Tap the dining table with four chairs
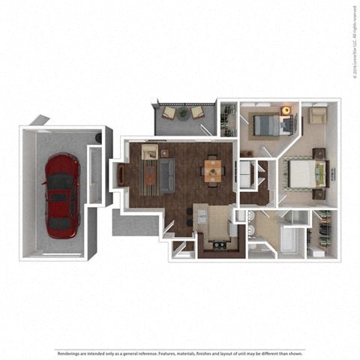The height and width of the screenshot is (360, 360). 214,171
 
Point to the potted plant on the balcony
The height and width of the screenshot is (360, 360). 184,112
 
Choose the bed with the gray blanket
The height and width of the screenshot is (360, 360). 264,123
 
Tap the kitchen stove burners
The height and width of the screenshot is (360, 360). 219,244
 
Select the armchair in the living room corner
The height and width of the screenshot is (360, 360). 149,153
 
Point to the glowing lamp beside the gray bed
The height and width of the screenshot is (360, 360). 286,111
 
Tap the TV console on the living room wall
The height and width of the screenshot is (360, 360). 121,175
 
